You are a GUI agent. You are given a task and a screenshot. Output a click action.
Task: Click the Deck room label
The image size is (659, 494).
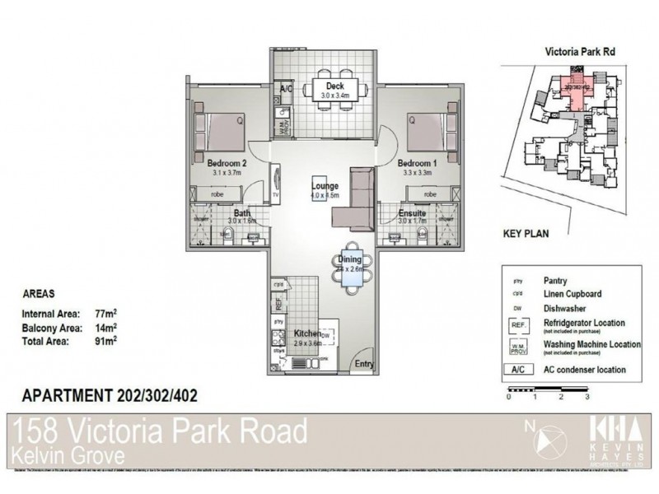pyautogui.click(x=334, y=86)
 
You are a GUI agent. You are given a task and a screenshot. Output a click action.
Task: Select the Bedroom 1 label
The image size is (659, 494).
pyautogui.click(x=417, y=163)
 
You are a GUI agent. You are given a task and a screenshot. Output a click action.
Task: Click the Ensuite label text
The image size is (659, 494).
pyautogui.click(x=411, y=212)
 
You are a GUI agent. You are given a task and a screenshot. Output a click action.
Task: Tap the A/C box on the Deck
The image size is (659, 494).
pyautogui.click(x=287, y=88)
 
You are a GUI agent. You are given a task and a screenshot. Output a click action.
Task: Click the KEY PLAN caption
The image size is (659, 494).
pyautogui.click(x=526, y=234)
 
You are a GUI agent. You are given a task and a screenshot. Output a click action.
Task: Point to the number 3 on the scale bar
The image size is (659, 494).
pyautogui.click(x=587, y=396)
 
